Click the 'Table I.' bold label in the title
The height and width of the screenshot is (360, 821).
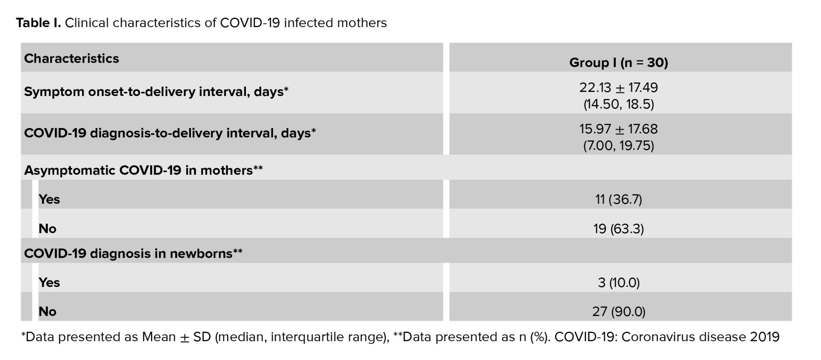click(x=39, y=23)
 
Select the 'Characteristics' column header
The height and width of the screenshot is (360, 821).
click(x=71, y=58)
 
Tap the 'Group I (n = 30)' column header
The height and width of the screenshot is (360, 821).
click(x=619, y=62)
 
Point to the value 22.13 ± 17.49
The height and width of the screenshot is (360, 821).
click(x=619, y=87)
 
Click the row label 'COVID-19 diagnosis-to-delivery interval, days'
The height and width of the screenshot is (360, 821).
click(x=170, y=133)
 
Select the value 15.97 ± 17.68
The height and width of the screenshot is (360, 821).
click(x=619, y=129)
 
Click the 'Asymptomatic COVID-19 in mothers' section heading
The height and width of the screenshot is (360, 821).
click(x=143, y=170)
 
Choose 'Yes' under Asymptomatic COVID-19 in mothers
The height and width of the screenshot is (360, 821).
click(x=49, y=199)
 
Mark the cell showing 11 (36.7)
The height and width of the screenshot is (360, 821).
click(x=619, y=199)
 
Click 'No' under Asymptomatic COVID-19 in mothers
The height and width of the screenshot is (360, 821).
click(x=48, y=229)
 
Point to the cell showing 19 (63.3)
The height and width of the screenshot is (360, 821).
click(x=619, y=229)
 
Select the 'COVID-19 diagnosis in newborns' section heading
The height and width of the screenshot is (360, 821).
click(x=133, y=254)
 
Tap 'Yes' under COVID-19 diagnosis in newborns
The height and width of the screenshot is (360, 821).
click(x=49, y=283)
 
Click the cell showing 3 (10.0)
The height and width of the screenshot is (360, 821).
click(x=619, y=283)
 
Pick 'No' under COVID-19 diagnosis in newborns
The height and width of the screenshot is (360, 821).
click(x=48, y=312)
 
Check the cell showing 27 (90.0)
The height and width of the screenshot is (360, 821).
click(x=619, y=312)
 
